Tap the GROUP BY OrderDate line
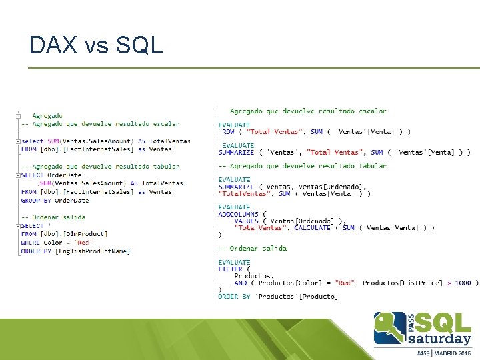pos(55,200)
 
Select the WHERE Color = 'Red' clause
pos(57,243)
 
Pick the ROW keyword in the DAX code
pos(228,132)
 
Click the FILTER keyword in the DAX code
pos(231,269)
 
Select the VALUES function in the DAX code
pos(247,221)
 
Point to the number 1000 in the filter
pos(463,283)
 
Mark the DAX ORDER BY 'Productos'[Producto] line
pos(278,297)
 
